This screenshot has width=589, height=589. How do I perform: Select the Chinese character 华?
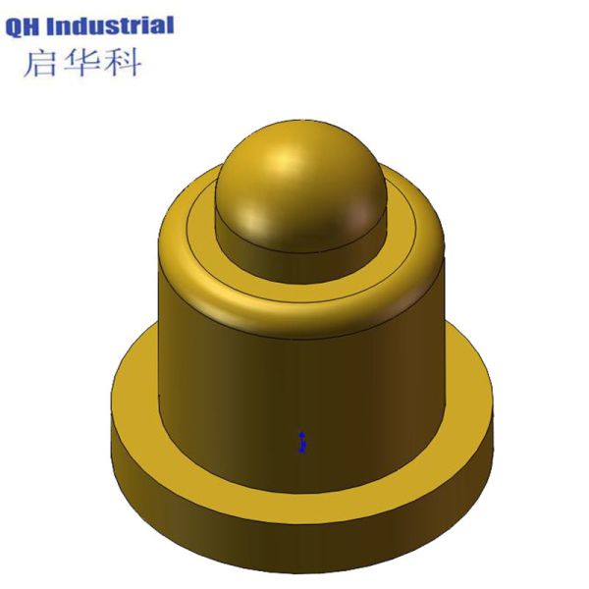point(81,62)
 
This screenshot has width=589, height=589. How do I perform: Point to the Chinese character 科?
point(122,62)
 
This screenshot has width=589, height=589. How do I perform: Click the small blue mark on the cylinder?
point(303,441)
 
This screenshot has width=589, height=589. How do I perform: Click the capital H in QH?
point(35,26)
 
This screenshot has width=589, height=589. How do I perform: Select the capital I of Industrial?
point(58,26)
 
